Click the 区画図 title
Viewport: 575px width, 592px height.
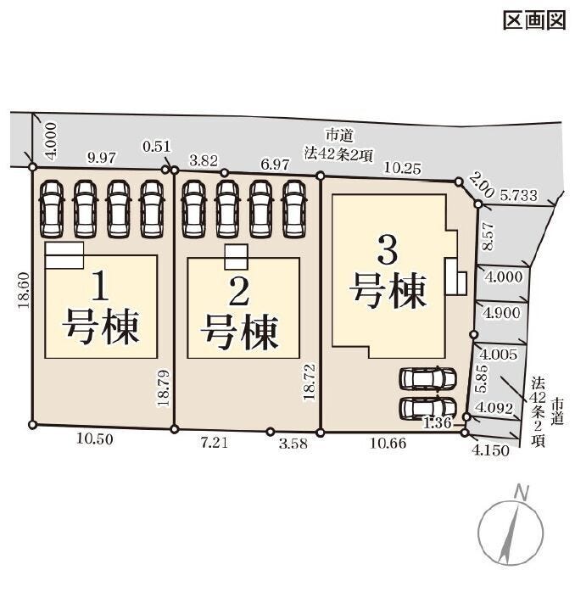tap(534, 20)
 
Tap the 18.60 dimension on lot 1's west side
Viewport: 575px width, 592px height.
tap(24, 290)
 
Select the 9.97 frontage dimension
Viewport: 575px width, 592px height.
tap(102, 157)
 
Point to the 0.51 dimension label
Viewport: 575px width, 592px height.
tap(157, 146)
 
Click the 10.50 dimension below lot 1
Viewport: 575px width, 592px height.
tap(95, 438)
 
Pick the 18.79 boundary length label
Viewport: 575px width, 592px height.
tap(164, 388)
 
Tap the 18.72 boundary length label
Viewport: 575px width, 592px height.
tap(309, 382)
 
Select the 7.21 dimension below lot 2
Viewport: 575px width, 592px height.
tap(215, 442)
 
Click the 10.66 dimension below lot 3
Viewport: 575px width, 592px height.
tap(388, 443)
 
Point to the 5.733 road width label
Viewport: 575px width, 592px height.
tap(519, 195)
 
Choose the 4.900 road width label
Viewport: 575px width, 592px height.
tap(502, 313)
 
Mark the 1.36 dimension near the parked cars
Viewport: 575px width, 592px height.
tap(438, 422)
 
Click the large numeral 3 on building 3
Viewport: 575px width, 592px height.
tap(388, 251)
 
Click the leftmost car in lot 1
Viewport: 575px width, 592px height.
tap(52, 209)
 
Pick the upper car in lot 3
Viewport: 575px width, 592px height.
tap(427, 378)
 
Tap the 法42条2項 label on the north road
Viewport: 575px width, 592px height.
tap(338, 154)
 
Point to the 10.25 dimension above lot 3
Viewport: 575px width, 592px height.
tap(403, 168)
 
